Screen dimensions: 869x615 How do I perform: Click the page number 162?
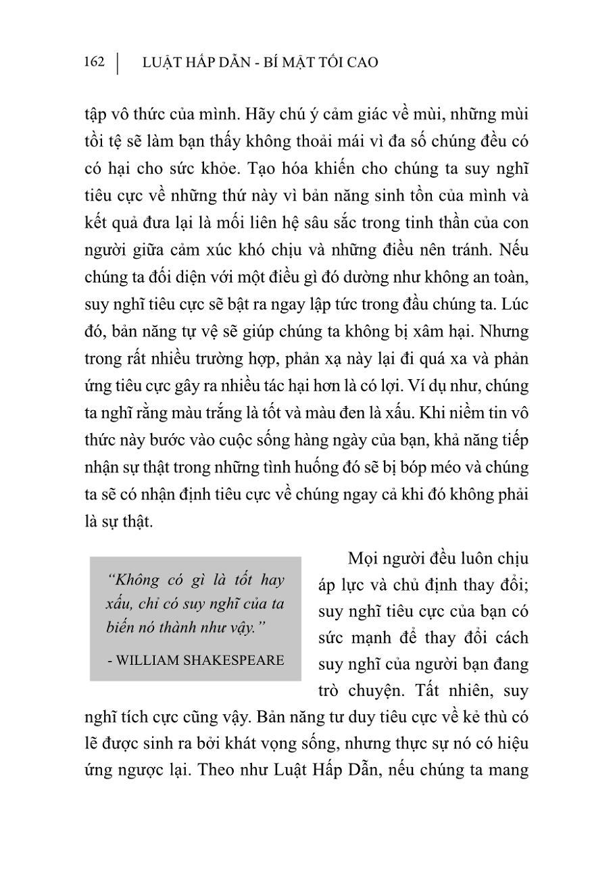(95, 62)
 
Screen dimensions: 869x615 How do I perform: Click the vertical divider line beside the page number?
(118, 63)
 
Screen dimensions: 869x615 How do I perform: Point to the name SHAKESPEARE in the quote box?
(232, 660)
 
